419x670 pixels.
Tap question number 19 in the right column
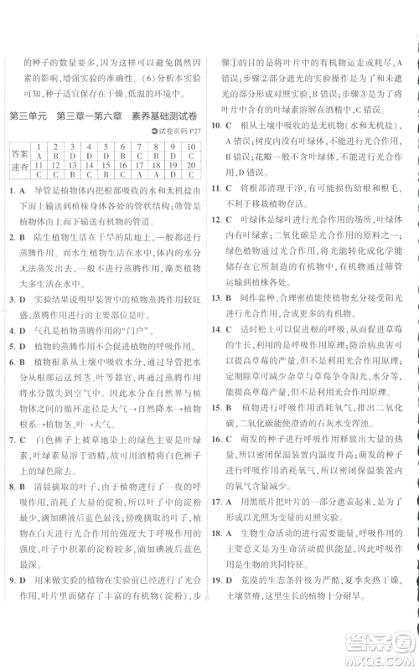[x=217, y=603]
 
